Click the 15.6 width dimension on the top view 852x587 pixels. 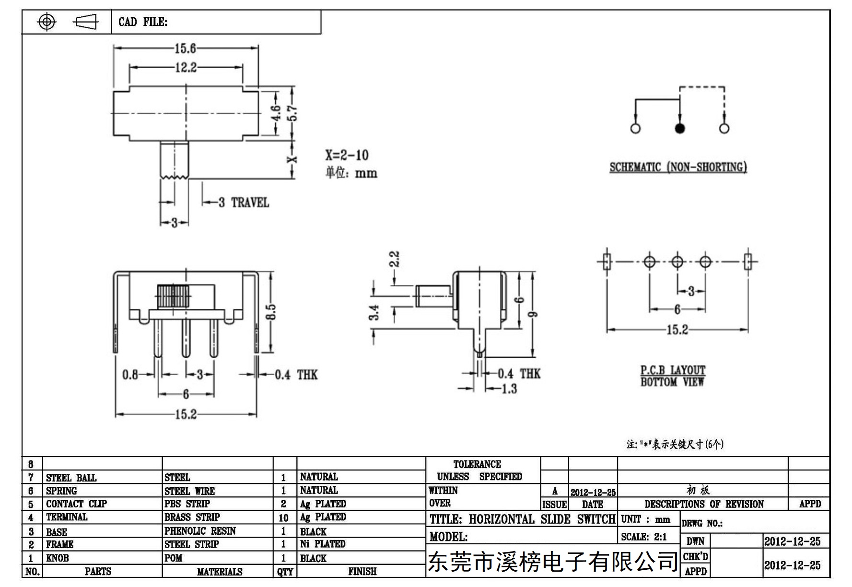(x=185, y=48)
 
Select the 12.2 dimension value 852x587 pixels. (x=186, y=68)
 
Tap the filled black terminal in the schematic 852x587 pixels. (x=679, y=129)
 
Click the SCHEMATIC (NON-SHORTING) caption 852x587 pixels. (x=678, y=167)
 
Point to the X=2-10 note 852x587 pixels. (x=347, y=155)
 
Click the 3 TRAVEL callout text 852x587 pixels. (x=244, y=202)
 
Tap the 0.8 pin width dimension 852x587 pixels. (x=130, y=375)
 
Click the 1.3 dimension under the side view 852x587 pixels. (x=509, y=389)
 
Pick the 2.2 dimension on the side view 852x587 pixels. (x=394, y=259)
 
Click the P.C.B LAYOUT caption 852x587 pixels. (x=673, y=370)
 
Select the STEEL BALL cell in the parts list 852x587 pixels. (x=71, y=478)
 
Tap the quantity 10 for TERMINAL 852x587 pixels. (x=283, y=518)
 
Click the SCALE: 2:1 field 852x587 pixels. (x=644, y=537)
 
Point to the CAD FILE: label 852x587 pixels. (x=143, y=22)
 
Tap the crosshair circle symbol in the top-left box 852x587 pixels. (x=47, y=22)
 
